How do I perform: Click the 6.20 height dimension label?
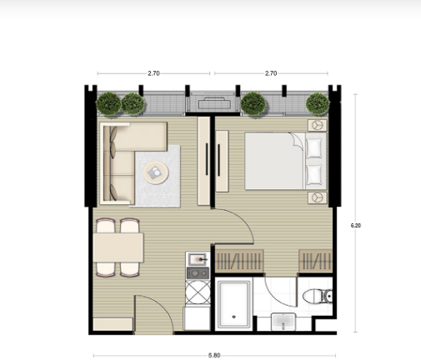tap(356, 226)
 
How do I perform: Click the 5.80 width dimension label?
tap(214, 355)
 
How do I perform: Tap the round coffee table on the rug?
tap(156, 172)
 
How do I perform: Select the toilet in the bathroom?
tap(318, 296)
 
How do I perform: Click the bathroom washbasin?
tap(283, 322)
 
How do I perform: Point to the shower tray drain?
tap(233, 317)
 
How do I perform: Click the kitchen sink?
tap(198, 259)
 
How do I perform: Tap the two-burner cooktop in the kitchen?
tap(198, 273)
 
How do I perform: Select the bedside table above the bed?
tap(318, 125)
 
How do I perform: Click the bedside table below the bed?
tap(318, 197)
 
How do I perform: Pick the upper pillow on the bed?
tap(314, 148)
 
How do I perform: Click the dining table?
tap(118, 247)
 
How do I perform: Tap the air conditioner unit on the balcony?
tap(214, 103)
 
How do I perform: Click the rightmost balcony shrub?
tap(318, 104)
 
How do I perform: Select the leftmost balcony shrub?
tap(108, 103)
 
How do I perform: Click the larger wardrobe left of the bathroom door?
tap(239, 261)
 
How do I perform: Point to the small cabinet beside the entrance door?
tap(113, 324)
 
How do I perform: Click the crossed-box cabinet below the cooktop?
tap(198, 292)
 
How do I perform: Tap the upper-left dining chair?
tap(106, 226)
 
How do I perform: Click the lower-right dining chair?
tap(129, 269)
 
